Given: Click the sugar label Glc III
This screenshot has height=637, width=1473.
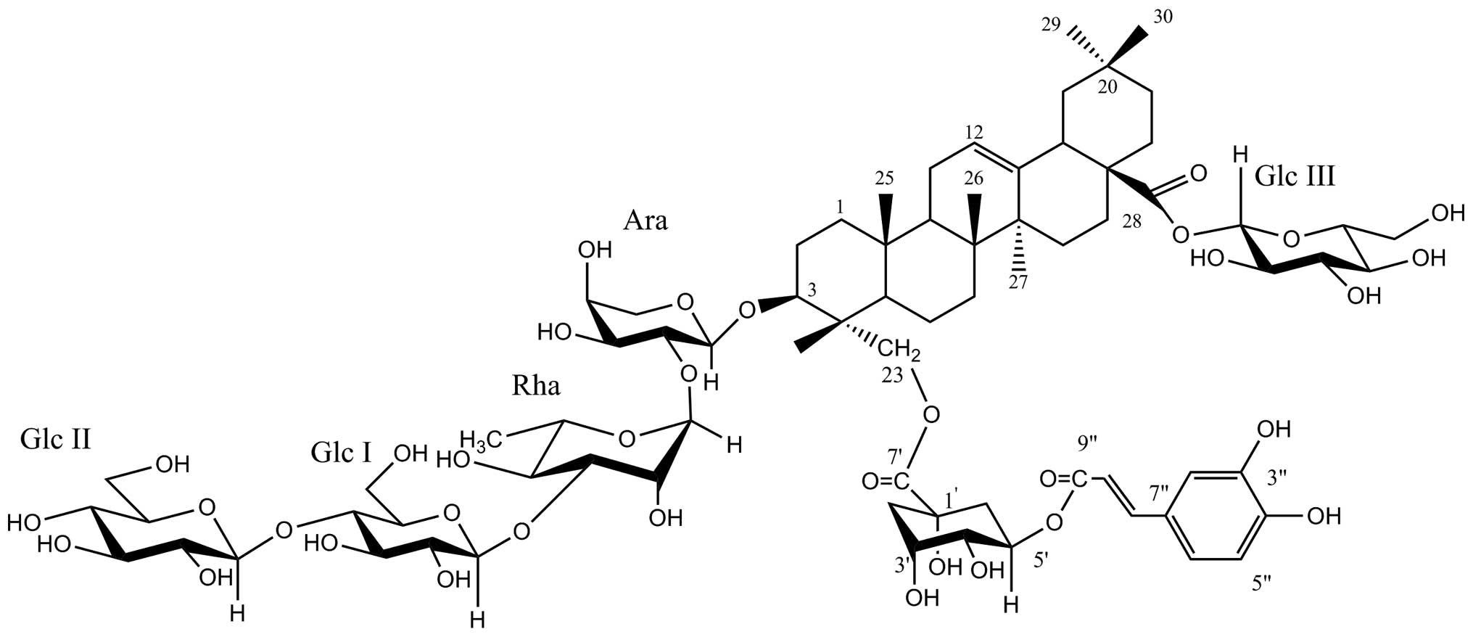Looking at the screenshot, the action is click(1295, 176).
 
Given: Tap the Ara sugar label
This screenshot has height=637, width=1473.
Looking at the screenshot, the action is click(645, 221).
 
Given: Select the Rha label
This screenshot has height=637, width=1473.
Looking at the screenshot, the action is click(536, 387).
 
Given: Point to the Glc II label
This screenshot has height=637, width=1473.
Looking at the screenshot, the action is click(55, 439).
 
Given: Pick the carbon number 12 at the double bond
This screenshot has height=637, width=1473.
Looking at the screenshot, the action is click(975, 133).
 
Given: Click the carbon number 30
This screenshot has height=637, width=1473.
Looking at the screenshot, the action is click(1162, 18).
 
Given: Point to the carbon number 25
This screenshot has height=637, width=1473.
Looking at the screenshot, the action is click(884, 178).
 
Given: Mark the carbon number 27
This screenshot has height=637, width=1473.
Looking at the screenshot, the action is click(1018, 282).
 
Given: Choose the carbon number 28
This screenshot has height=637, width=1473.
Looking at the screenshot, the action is click(1131, 222).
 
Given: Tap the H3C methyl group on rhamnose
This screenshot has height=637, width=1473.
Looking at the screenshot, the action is click(484, 439).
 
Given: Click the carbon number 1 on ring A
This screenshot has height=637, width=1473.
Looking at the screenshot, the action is click(840, 207).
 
